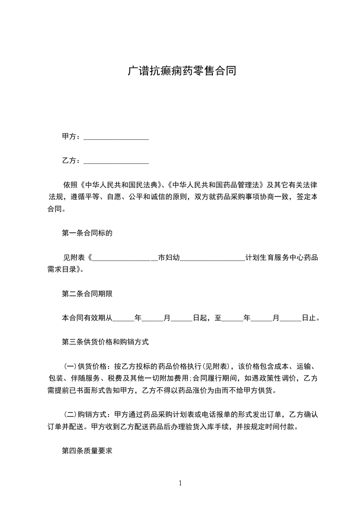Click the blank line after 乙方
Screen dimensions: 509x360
tap(116, 162)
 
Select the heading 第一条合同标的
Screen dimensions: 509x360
tap(87, 233)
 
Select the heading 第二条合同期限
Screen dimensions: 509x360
tap(87, 294)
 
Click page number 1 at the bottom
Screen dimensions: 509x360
tap(180, 483)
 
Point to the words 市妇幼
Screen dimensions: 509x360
tap(169, 258)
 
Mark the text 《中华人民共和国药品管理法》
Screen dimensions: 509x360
tap(216, 185)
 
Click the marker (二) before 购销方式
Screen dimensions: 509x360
tap(70, 415)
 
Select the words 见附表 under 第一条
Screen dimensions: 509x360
tap(73, 258)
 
